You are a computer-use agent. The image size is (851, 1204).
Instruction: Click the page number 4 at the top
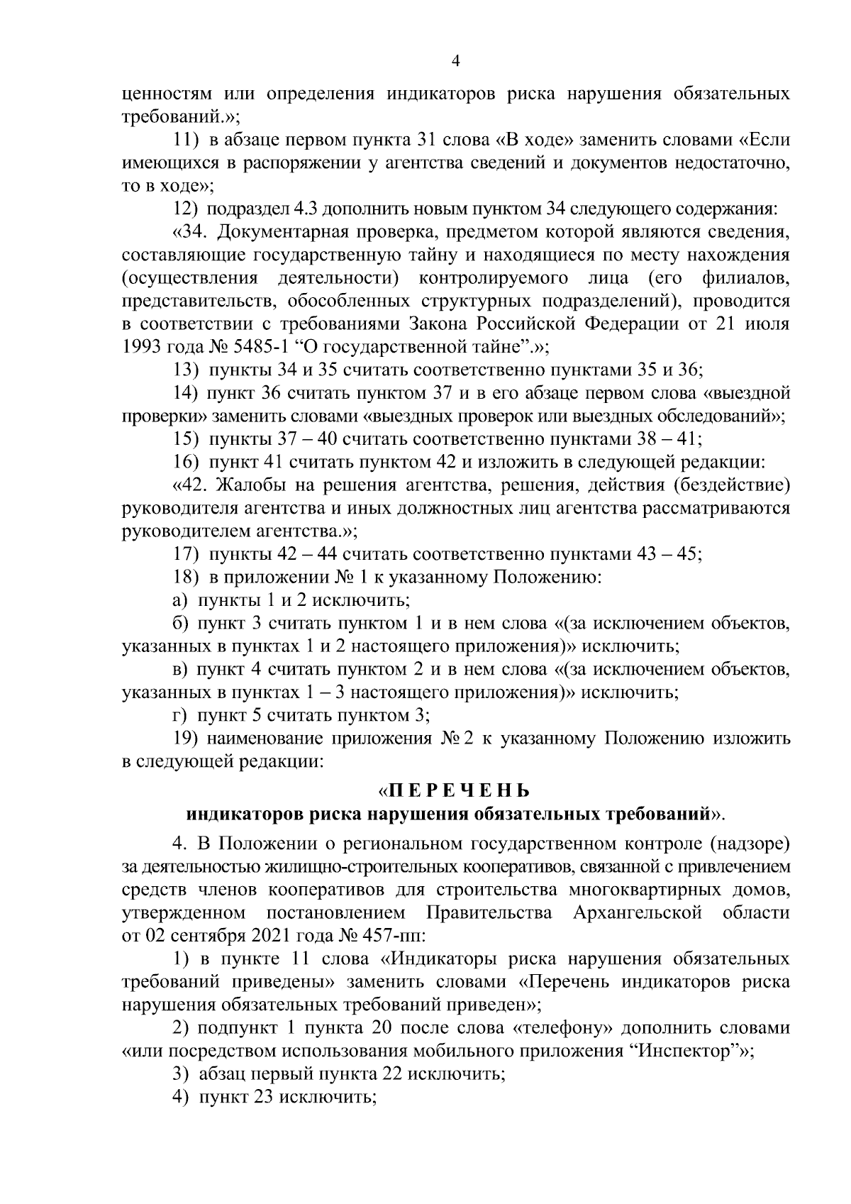456,62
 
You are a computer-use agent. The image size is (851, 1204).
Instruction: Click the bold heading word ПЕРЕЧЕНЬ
457,790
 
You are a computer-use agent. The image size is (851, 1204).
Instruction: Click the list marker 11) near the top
187,140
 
